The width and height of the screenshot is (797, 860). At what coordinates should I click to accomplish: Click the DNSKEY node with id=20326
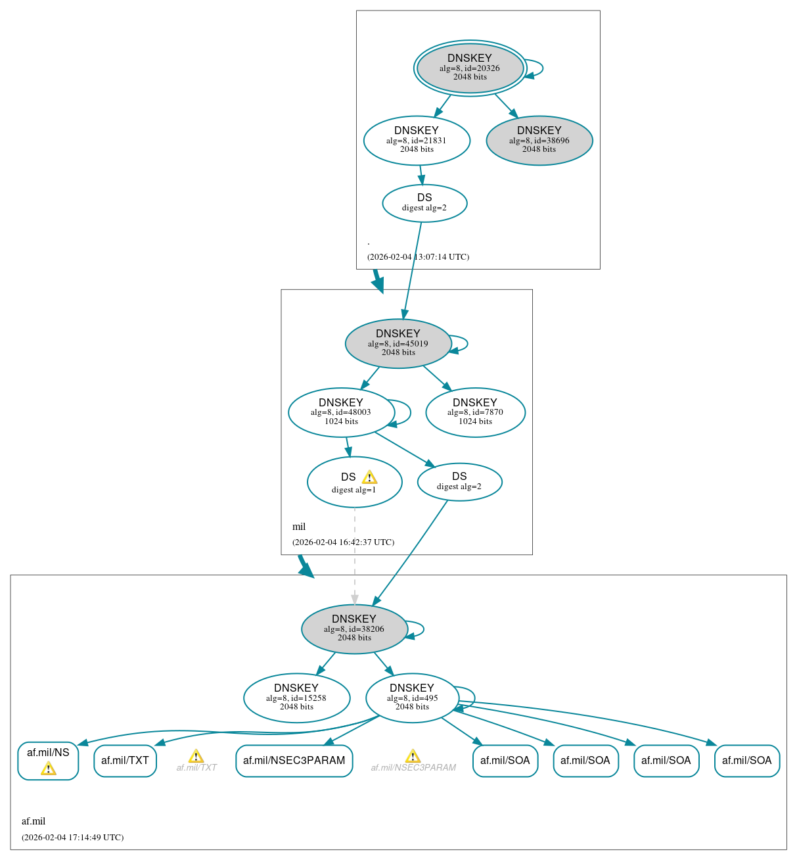click(x=470, y=68)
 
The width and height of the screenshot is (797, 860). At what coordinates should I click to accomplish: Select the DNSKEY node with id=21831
click(x=417, y=140)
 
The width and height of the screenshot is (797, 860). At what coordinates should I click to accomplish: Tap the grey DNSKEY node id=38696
click(x=539, y=140)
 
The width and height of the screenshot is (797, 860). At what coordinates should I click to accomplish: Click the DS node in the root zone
click(x=424, y=203)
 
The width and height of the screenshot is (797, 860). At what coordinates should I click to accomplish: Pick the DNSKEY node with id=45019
click(x=398, y=343)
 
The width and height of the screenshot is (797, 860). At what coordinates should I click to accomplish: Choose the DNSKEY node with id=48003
click(x=341, y=412)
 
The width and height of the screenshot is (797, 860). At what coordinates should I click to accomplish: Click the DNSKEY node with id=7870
click(x=475, y=412)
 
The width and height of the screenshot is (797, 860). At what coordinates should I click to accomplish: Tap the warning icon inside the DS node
click(x=369, y=477)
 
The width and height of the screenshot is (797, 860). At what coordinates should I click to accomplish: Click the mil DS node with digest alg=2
click(x=459, y=482)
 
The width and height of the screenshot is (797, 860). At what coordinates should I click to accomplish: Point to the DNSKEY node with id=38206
click(x=354, y=629)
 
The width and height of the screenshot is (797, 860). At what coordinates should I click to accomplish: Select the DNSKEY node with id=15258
click(x=296, y=698)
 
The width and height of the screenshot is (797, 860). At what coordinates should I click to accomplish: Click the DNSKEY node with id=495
click(x=412, y=698)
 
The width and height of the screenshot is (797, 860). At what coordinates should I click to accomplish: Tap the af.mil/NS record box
click(x=48, y=753)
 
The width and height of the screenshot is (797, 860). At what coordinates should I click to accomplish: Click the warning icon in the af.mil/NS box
click(x=48, y=769)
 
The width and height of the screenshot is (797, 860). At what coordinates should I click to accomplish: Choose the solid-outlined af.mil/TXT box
click(x=125, y=761)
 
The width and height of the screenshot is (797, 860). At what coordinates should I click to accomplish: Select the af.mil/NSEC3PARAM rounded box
click(x=294, y=761)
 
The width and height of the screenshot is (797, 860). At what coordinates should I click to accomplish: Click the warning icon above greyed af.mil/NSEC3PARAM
click(x=413, y=756)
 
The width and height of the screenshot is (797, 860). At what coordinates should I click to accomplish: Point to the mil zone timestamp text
click(x=343, y=542)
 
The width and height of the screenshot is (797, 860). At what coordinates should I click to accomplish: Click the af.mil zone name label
click(x=34, y=821)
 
